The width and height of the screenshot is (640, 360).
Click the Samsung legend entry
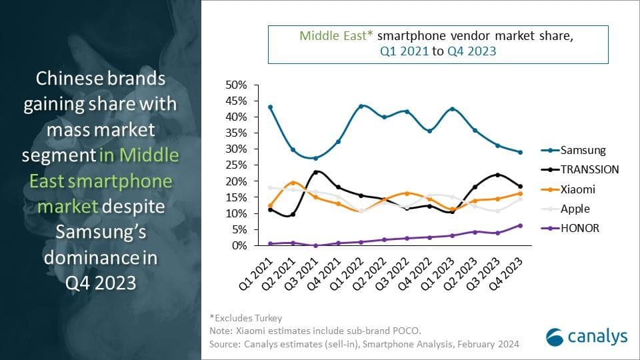click(x=582, y=150)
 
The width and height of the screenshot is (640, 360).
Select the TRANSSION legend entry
click(x=589, y=169)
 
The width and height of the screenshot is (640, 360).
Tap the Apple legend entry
click(x=575, y=209)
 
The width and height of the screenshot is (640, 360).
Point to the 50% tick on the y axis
click(x=237, y=85)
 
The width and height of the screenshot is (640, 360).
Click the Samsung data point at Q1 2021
click(x=269, y=107)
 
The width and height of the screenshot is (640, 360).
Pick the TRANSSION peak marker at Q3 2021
click(x=315, y=172)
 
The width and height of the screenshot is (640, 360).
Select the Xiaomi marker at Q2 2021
click(x=292, y=183)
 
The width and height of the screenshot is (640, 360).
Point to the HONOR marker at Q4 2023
click(x=520, y=225)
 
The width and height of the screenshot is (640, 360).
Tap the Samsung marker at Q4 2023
click(x=520, y=153)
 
